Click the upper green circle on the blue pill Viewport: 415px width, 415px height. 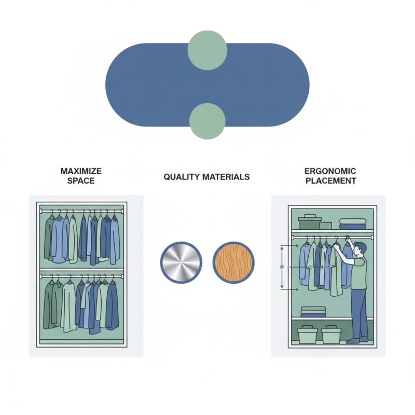(x=207, y=50)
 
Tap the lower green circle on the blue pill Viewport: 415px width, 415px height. (x=207, y=121)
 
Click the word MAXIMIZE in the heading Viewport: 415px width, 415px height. (x=81, y=171)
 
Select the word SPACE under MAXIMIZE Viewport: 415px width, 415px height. (x=81, y=181)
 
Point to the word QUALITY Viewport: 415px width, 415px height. (x=182, y=177)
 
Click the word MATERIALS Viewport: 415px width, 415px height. (x=226, y=177)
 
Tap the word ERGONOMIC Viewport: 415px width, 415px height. (x=330, y=171)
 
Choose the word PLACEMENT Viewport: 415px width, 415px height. (x=331, y=181)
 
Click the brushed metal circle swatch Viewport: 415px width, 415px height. (x=181, y=262)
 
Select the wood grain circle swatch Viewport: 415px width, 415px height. (x=233, y=262)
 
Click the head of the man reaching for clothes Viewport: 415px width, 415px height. (x=361, y=249)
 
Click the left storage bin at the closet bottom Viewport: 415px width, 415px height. (x=307, y=334)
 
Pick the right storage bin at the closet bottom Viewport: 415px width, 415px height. (x=331, y=334)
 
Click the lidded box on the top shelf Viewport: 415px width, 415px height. (x=310, y=222)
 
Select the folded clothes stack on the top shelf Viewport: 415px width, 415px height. (x=353, y=224)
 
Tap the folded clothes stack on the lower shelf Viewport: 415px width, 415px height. (x=313, y=312)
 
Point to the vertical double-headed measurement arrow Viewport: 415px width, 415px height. (x=282, y=267)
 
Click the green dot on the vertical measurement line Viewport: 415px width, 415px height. (x=282, y=267)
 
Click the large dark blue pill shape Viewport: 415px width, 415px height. (x=159, y=85)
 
